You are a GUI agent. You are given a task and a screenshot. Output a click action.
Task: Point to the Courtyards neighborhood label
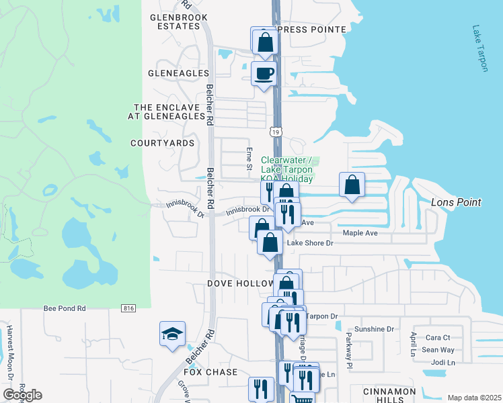coord(162,143)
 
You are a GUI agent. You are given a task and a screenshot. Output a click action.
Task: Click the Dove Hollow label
coord(233,283)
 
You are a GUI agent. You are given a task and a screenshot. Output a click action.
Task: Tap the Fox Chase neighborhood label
coord(210,372)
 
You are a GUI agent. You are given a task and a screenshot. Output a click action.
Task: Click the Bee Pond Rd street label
coord(65,308)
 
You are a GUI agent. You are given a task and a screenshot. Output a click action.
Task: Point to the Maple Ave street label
coord(360,233)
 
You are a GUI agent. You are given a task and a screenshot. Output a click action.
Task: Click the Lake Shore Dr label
coord(310,243)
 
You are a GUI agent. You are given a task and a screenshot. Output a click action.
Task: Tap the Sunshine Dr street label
coord(374,329)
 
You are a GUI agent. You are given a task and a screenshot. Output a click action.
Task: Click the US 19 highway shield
coord(276,132)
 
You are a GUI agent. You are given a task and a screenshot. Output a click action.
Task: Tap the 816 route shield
coord(129,308)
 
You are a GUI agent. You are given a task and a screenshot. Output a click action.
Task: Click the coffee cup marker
coord(264,73)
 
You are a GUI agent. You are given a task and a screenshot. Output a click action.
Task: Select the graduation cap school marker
coord(172,332)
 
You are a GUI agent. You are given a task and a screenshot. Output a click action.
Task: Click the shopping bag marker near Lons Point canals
coord(352,185)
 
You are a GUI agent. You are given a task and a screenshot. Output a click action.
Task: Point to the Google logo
coord(23,394)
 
